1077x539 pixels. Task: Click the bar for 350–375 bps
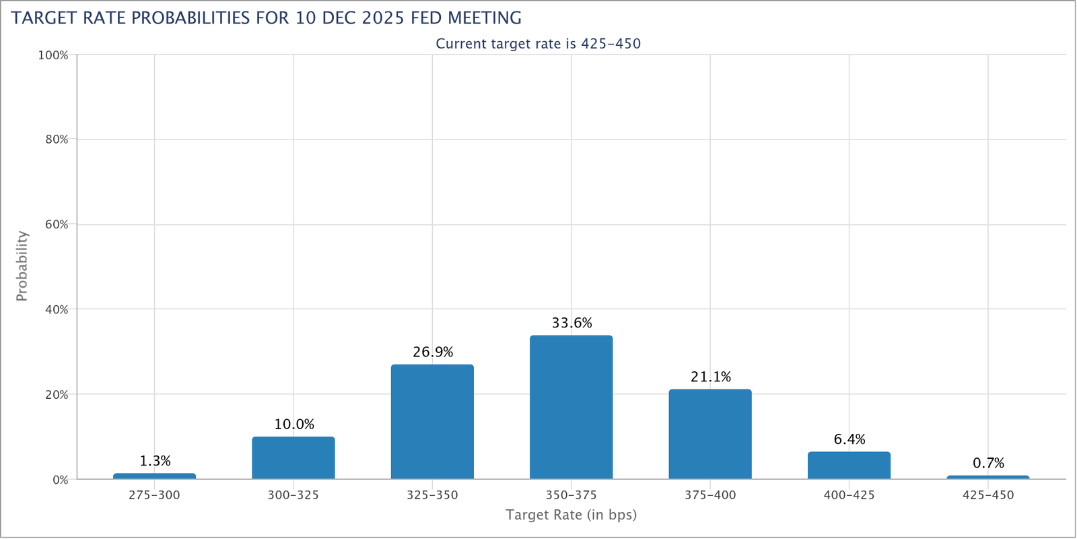[x=571, y=407]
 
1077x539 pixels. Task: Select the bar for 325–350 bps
[x=432, y=422]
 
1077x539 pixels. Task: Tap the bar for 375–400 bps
[x=710, y=434]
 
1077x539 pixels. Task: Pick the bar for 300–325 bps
[x=293, y=458]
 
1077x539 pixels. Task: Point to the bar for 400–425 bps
[x=849, y=466]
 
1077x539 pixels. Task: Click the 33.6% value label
[x=571, y=323]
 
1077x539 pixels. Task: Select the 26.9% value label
[x=433, y=352]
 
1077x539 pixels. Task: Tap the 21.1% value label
[x=710, y=377]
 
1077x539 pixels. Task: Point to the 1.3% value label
[x=155, y=461]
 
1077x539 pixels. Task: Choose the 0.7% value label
[x=988, y=463]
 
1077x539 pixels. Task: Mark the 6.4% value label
[x=849, y=439]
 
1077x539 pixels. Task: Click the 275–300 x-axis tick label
[x=154, y=495]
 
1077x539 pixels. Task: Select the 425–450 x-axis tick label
[x=988, y=495]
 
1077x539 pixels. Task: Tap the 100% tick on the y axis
[x=53, y=55]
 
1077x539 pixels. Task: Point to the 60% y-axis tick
[x=57, y=225]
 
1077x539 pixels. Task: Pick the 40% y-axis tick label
[x=57, y=310]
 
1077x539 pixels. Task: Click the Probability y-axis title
[x=22, y=266]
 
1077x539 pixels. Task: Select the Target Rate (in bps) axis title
[x=571, y=515]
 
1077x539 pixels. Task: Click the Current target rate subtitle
[x=538, y=44]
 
